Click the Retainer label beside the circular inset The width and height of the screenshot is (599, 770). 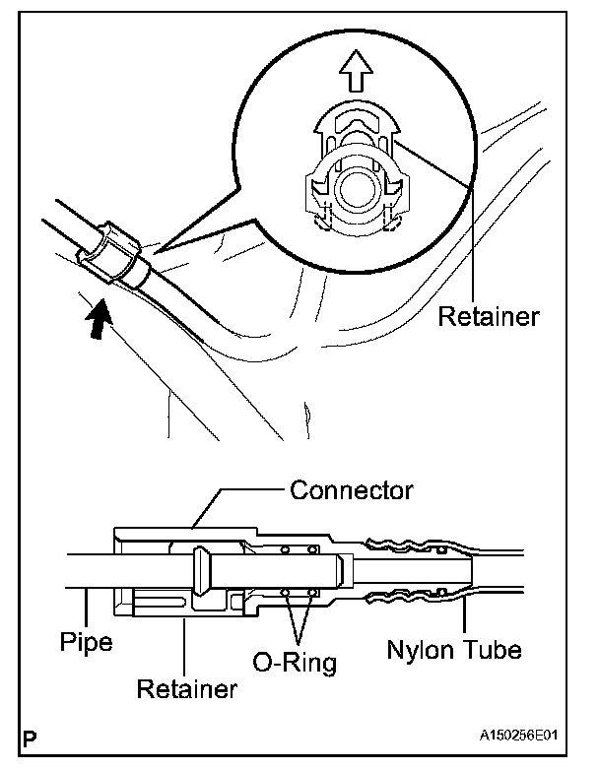pos(489,317)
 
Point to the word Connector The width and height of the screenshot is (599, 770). pos(351,489)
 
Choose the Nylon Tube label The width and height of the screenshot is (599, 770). pos(453,650)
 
